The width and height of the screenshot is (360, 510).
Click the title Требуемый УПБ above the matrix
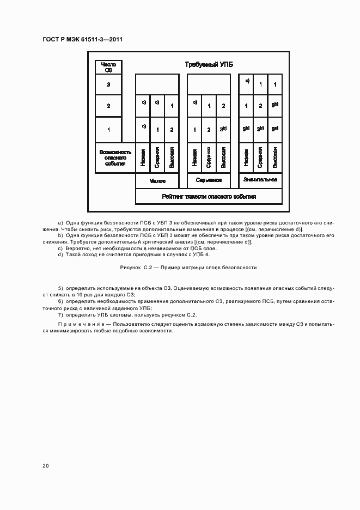[209, 65]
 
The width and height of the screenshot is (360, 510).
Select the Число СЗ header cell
[108, 67]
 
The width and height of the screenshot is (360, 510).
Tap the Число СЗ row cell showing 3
[108, 84]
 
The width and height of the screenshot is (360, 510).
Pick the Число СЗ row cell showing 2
[108, 106]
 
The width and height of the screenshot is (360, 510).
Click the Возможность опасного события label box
[115, 157]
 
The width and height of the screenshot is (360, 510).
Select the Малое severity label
[157, 180]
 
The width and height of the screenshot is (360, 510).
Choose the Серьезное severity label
[209, 180]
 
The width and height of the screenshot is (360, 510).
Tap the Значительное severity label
[260, 179]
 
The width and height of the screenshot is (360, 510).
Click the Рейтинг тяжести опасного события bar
[209, 197]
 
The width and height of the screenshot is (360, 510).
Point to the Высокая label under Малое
[172, 157]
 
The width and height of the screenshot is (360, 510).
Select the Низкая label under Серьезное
[194, 157]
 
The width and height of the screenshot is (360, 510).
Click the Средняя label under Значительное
[260, 157]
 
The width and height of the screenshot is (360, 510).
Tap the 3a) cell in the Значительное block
[275, 129]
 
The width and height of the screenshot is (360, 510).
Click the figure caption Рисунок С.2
[188, 268]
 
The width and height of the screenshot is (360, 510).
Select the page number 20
[45, 465]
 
